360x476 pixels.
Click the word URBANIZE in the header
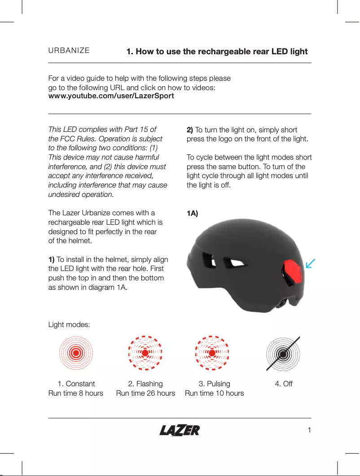point(69,51)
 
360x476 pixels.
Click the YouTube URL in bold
point(111,96)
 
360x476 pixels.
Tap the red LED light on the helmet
point(292,274)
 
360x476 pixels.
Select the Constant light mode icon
point(76,353)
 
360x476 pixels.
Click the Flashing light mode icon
point(145,353)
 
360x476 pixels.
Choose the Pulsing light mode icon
point(213,353)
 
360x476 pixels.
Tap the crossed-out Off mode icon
point(283,353)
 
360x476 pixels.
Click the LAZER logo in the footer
point(180,431)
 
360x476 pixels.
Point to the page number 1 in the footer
point(309,431)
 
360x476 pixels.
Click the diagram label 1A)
point(192,213)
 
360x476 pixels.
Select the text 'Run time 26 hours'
point(145,393)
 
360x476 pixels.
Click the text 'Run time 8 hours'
point(75,393)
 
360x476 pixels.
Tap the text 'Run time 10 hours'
point(214,393)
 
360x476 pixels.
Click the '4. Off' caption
point(283,384)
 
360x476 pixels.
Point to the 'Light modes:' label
point(69,324)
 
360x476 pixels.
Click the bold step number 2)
point(189,130)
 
